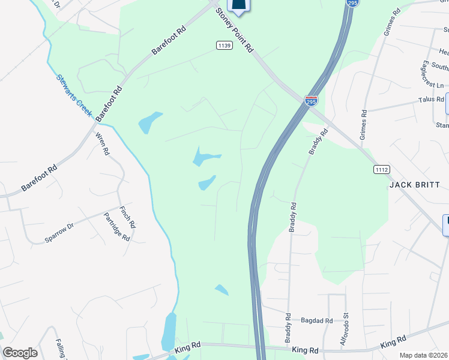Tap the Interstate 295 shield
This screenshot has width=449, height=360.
click(311, 101)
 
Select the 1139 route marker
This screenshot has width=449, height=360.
click(224, 46)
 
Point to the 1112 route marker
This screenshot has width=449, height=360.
click(381, 170)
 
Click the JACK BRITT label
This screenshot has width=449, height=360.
click(415, 185)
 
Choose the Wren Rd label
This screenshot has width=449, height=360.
click(101, 144)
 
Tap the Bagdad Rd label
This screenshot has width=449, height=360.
click(316, 321)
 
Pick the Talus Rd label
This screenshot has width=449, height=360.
click(431, 100)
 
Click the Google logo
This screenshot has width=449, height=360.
click(20, 353)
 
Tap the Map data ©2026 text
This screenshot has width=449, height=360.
click(423, 355)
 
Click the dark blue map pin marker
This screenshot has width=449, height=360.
click(239, 6)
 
